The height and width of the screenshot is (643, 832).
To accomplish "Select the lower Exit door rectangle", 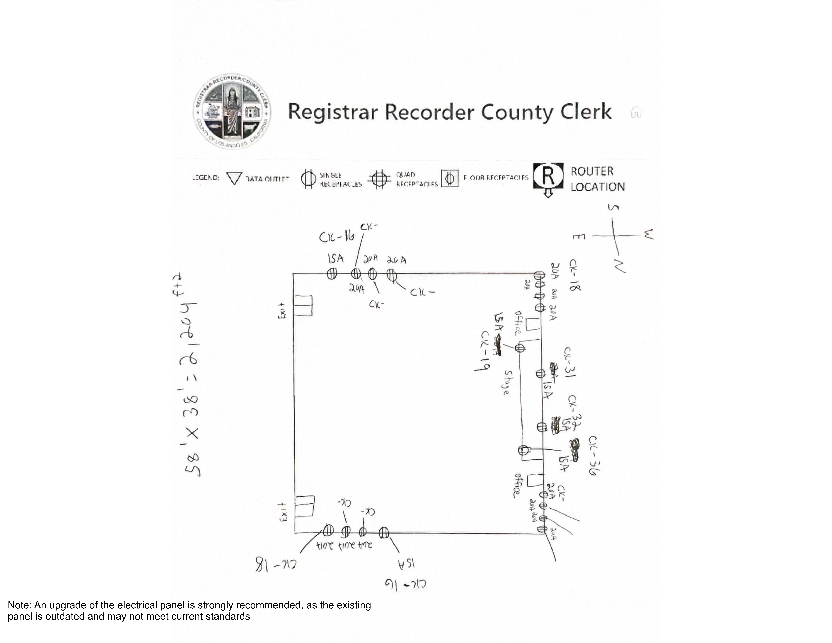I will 304,506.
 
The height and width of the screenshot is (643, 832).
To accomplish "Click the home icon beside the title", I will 635,112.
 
